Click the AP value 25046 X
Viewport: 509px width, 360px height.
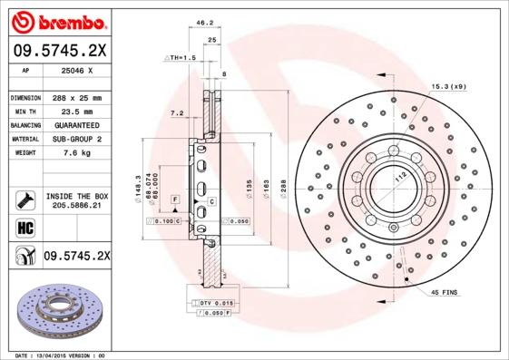tap(76, 70)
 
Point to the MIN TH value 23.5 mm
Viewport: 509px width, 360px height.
tap(76, 111)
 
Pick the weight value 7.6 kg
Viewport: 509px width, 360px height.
tap(76, 153)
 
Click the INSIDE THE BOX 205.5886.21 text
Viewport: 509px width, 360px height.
tap(77, 199)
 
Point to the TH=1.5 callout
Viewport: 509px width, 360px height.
tap(181, 57)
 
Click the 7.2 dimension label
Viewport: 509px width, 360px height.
tap(177, 113)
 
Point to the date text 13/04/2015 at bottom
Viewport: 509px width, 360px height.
tap(71, 355)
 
